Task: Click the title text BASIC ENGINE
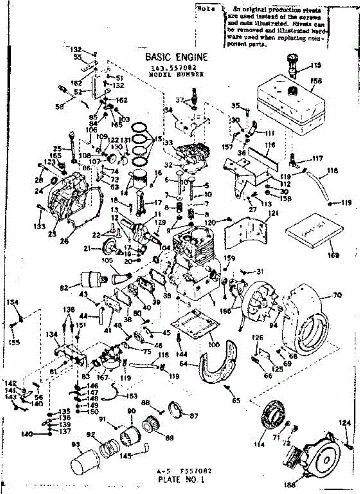(176, 57)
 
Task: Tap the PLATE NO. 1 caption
(181, 479)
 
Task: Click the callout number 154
(13, 303)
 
